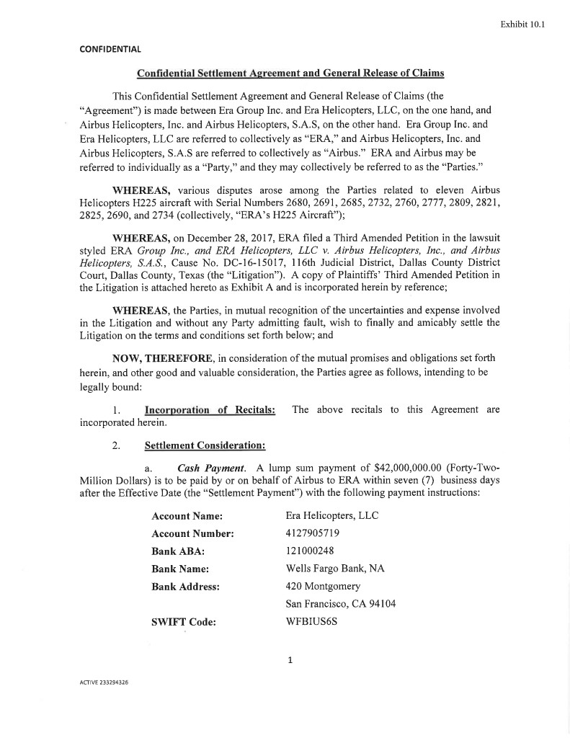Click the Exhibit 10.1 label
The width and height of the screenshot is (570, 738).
point(522,24)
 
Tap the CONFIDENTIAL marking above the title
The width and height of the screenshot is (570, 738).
point(110,49)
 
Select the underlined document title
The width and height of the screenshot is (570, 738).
point(290,74)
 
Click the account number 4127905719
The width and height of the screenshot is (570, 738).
point(313,533)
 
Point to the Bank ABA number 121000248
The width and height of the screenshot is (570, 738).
point(310,551)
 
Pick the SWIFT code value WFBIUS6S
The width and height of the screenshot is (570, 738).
point(311,621)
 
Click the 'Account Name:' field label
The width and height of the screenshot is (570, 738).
point(187,516)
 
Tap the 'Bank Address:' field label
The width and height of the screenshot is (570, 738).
point(185,587)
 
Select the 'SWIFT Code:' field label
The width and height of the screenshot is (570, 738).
point(184,622)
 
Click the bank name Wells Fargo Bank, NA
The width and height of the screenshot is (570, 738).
point(335,569)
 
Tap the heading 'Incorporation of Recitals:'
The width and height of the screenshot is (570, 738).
point(210,410)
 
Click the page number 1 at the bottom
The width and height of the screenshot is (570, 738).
point(289,659)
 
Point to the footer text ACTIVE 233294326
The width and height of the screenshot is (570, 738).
point(104,681)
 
